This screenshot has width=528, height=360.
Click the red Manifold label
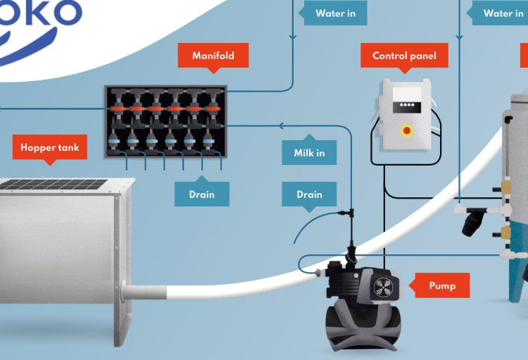pos(213,56)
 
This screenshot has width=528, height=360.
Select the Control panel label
pos(404,56)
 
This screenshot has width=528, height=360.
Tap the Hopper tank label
pos(49,148)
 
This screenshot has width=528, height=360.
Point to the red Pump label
pos(442,285)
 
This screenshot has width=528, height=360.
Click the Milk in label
pos(309,152)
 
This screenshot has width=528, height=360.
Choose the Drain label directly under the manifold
pos(201,194)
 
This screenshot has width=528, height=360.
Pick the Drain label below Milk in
pos(309,194)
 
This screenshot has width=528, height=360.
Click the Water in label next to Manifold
pos(335,13)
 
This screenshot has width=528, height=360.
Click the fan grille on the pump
pos(382,287)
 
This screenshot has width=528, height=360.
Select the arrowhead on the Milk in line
pos(281,126)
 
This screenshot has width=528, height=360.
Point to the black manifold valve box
pos(166,121)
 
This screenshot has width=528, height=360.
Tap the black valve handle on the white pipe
pos(471,224)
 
